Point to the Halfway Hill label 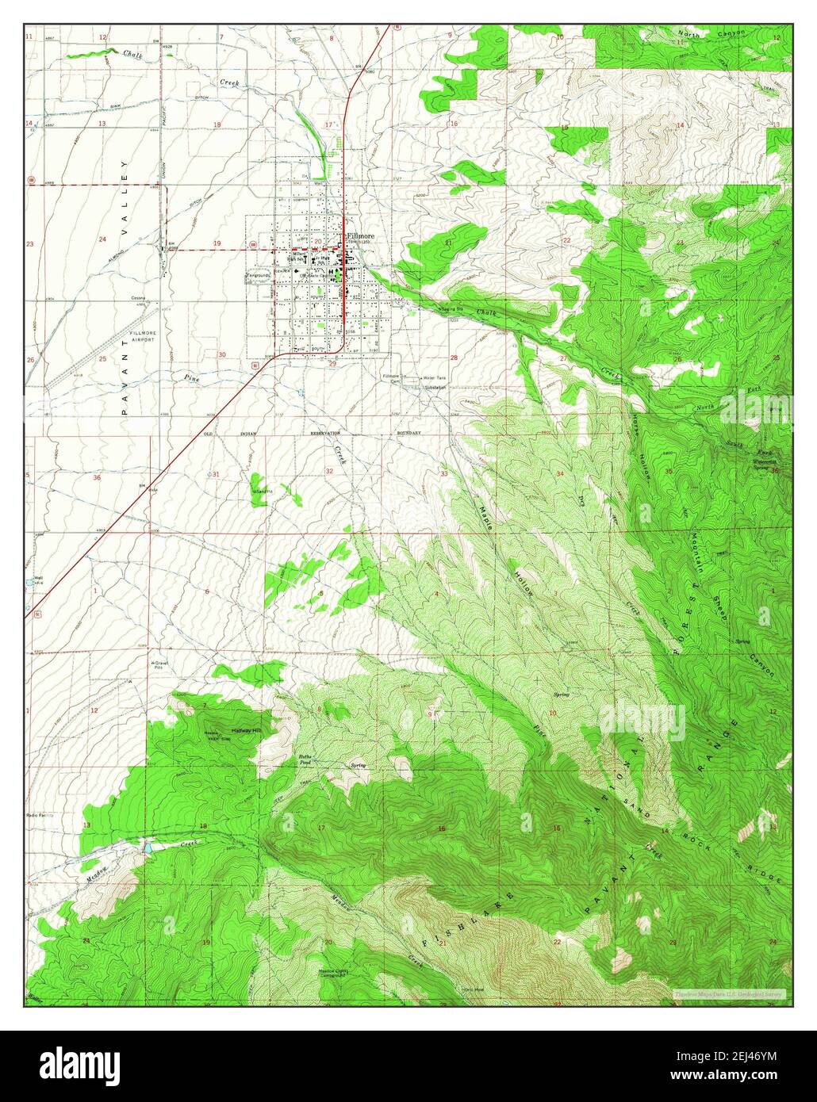click(x=246, y=729)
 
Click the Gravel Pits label click(x=162, y=664)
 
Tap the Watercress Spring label click(x=766, y=463)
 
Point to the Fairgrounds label click(x=258, y=276)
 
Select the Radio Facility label click(x=40, y=814)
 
